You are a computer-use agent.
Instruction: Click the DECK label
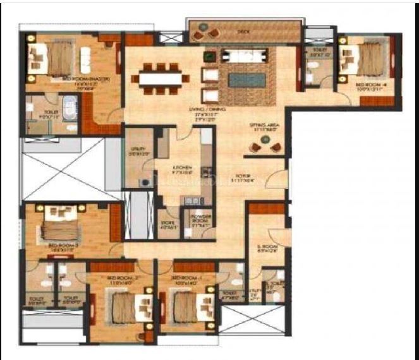pos(243,30)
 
